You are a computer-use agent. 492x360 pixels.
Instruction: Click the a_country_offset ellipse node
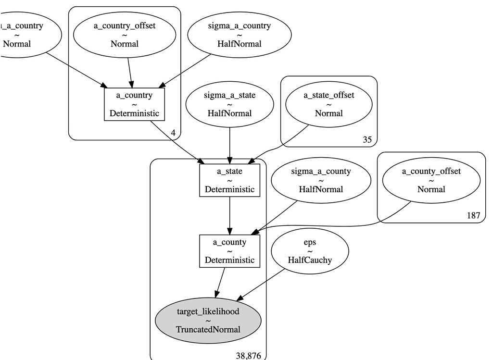pos(124,35)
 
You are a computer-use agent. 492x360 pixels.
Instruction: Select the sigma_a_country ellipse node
pos(239,35)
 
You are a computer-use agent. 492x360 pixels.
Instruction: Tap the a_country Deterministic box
pos(134,104)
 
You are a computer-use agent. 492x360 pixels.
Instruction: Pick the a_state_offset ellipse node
pos(329,104)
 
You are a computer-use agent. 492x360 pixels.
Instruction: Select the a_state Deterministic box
pos(229,180)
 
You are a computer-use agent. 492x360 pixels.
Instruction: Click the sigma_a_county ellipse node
pos(321,180)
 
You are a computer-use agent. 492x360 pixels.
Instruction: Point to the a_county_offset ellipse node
pos(431,180)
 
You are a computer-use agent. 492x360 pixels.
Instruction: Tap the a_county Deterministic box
pos(229,250)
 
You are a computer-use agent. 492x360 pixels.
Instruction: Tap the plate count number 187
pos(473,215)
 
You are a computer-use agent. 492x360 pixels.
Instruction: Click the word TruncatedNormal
pos(208,329)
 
